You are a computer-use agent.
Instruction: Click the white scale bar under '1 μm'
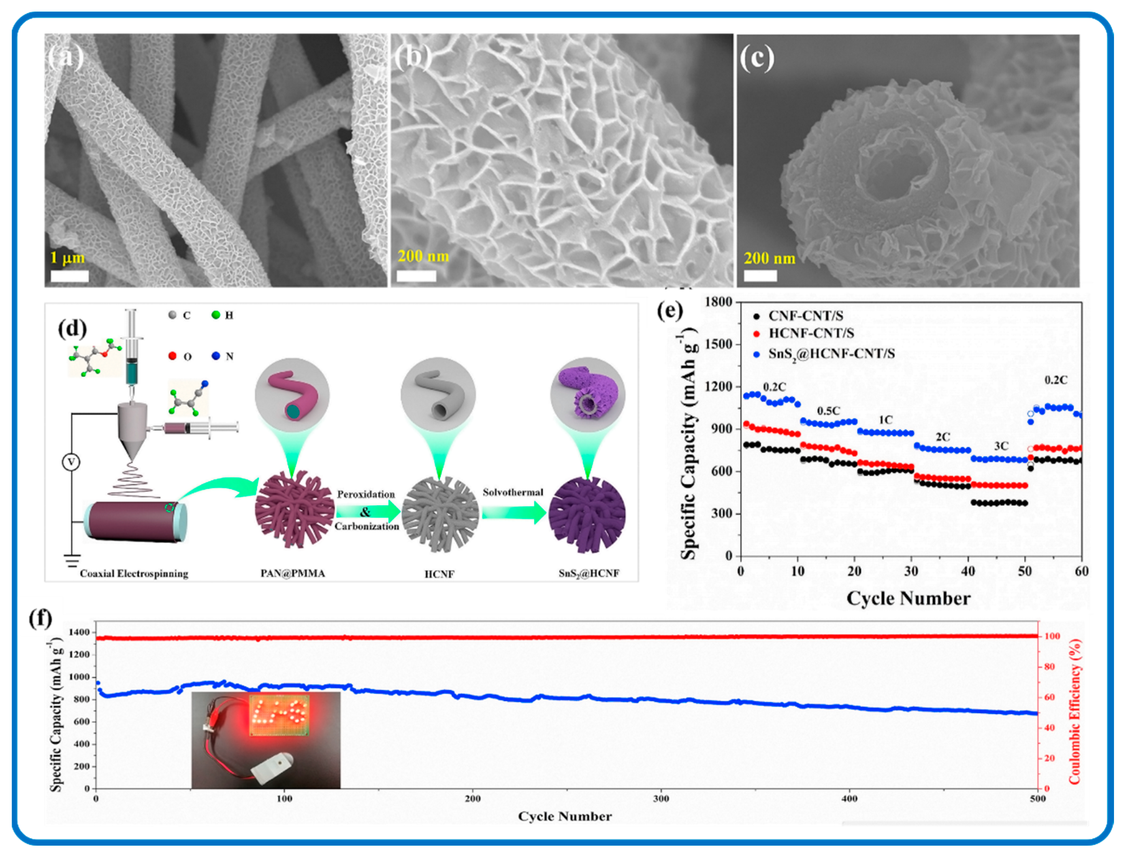tap(69, 276)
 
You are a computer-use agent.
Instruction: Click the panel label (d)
tap(72, 329)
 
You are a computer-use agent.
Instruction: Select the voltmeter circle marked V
tap(71, 462)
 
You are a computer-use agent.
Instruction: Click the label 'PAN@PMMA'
tap(292, 574)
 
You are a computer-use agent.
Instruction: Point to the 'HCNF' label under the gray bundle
tap(439, 574)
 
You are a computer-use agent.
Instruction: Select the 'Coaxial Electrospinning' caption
tap(134, 574)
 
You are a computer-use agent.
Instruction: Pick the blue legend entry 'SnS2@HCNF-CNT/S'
tap(831, 353)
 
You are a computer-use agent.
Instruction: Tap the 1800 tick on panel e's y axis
tap(718, 302)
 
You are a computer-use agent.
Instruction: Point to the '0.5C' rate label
tap(828, 410)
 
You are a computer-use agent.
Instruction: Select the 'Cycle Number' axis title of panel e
tap(908, 598)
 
